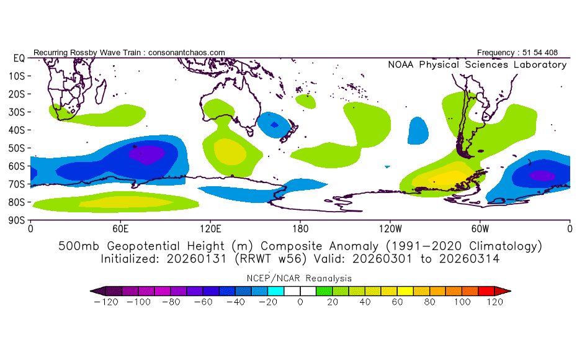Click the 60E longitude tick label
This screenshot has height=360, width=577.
[x=120, y=228]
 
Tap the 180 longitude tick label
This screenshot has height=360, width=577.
[x=300, y=228]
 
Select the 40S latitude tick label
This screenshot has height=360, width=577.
[x=16, y=130]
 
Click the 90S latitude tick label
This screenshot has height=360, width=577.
[x=16, y=220]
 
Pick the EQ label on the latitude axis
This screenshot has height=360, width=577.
[x=18, y=58]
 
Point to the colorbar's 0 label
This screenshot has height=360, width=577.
[x=300, y=302]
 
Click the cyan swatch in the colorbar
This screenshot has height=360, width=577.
[x=275, y=290]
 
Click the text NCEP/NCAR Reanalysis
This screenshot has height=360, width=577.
[x=300, y=278]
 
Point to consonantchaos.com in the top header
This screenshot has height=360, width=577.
[x=187, y=53]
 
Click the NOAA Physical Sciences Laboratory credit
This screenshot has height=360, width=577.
[x=477, y=65]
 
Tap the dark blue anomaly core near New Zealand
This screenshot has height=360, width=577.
[x=274, y=125]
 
